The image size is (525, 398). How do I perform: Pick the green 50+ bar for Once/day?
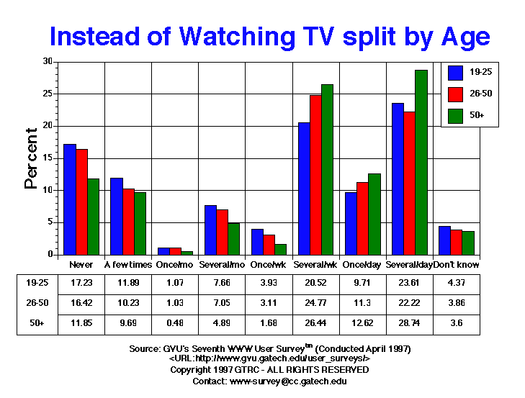click(374, 214)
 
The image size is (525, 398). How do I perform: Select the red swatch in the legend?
click(455, 94)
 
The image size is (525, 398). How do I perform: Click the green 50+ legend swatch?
click(455, 115)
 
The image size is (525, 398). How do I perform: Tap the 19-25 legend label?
click(480, 72)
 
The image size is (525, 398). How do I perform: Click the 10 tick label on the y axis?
click(47, 190)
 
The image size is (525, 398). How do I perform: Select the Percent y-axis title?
click(32, 158)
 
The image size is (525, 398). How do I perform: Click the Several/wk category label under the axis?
click(315, 265)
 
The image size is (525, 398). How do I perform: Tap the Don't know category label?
click(456, 265)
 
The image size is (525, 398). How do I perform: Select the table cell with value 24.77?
click(315, 303)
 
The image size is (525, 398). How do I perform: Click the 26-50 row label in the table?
click(35, 303)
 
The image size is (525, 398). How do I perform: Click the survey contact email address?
click(287, 381)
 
